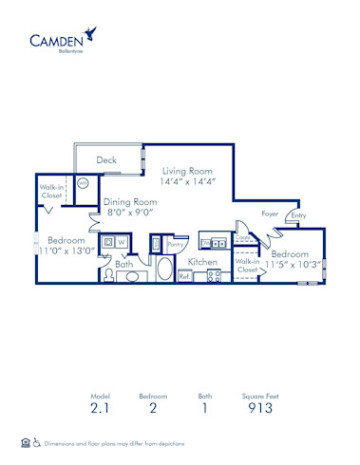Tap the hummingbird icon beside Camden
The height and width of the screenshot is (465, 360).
(x=89, y=34)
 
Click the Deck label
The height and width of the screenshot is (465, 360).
(x=106, y=160)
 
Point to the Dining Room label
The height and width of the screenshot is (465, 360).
(x=131, y=202)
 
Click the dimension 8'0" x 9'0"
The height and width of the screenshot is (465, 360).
(x=131, y=214)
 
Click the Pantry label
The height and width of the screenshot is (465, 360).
(x=175, y=245)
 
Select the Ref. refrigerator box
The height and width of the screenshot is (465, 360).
(x=184, y=276)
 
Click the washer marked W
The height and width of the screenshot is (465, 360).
(x=123, y=244)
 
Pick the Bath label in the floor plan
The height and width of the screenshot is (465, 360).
(x=124, y=265)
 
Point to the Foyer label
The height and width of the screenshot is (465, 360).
(x=271, y=214)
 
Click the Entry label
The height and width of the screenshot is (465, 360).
(x=298, y=215)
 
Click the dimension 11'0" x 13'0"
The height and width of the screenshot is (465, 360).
(x=66, y=252)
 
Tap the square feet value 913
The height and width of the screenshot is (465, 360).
(x=260, y=408)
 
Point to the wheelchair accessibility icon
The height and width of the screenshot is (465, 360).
(x=37, y=442)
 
